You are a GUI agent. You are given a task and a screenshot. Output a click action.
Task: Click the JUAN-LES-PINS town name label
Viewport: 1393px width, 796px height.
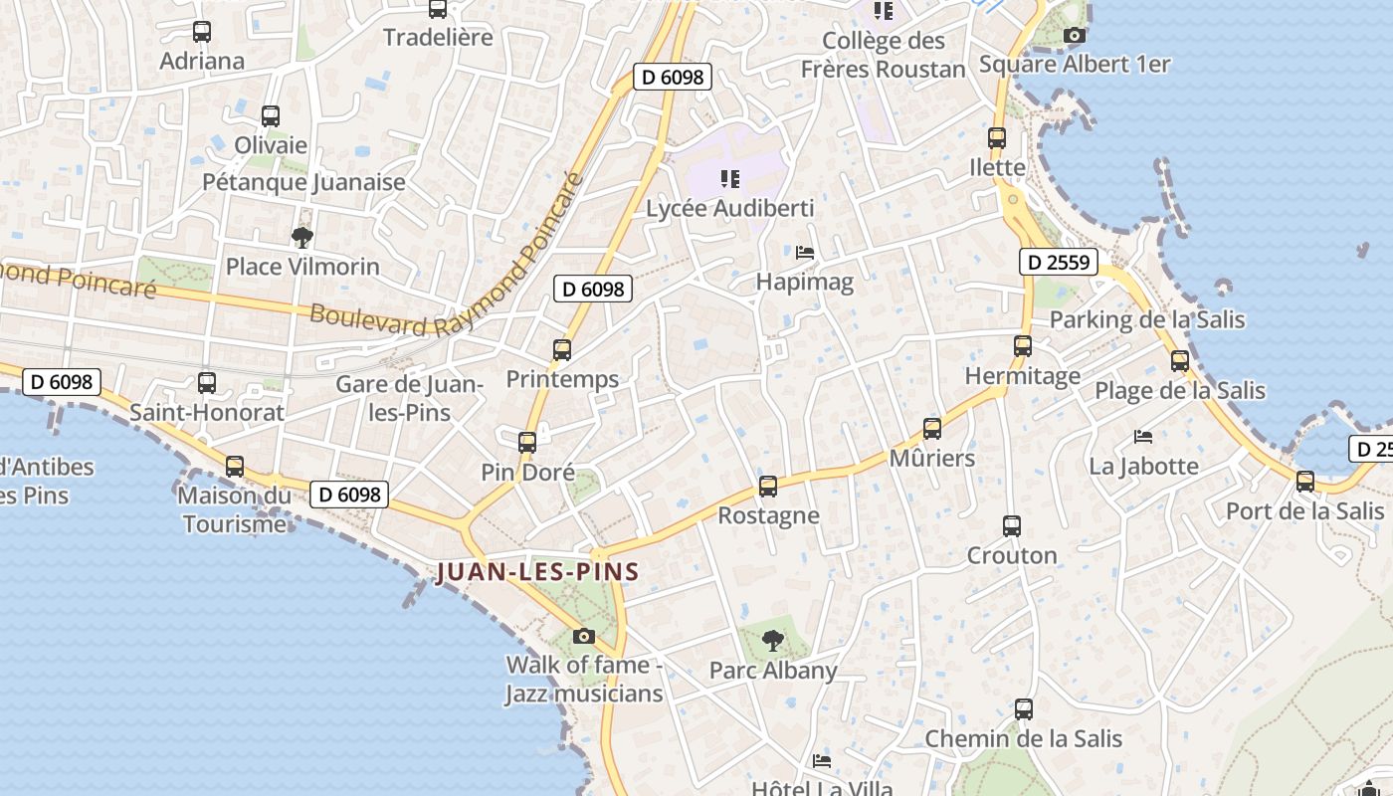[x=537, y=572]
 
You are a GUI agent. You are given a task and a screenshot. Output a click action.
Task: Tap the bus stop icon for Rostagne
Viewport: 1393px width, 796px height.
[x=768, y=487]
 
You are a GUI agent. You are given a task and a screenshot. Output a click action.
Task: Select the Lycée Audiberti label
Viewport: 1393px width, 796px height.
[x=729, y=209]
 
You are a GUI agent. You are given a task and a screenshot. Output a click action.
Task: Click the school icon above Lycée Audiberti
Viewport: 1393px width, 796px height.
[x=730, y=179]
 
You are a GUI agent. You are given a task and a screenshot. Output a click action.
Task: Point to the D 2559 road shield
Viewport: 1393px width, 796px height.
[x=1059, y=263]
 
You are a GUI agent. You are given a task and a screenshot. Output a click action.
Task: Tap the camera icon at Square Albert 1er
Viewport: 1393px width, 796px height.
[x=1074, y=36]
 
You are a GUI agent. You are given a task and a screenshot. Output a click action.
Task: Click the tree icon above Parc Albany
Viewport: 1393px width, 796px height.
[x=772, y=641]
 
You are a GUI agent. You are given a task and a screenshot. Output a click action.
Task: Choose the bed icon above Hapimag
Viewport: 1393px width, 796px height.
[x=805, y=253]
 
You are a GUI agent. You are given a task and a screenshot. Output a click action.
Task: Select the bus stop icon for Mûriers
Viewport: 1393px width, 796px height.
[x=932, y=429]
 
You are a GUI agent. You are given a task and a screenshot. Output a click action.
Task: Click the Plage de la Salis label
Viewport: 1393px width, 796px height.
[x=1180, y=391]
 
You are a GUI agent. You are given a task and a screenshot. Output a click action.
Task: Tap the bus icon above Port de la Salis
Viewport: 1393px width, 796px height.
[x=1305, y=482]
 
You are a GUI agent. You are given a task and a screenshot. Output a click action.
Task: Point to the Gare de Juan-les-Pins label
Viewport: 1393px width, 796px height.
[x=409, y=398]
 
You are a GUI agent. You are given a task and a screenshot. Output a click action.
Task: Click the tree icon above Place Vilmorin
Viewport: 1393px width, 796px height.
[x=302, y=237]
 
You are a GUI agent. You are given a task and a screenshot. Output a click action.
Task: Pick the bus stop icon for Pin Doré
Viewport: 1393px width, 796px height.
[x=527, y=443]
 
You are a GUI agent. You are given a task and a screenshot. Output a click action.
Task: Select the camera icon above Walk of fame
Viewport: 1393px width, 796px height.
[x=584, y=637]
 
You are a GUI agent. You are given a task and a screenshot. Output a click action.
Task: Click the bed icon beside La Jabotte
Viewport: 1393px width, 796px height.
[x=1143, y=437]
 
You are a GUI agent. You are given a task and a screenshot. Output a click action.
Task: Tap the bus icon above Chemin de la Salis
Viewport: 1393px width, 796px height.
[x=1024, y=709]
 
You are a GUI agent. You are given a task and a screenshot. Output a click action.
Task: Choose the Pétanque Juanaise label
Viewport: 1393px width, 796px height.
[x=303, y=182]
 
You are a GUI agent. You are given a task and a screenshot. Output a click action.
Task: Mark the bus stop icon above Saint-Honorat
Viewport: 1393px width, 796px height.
[x=207, y=382]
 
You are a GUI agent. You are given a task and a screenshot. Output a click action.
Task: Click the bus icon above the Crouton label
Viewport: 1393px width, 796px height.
[x=1012, y=525]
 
